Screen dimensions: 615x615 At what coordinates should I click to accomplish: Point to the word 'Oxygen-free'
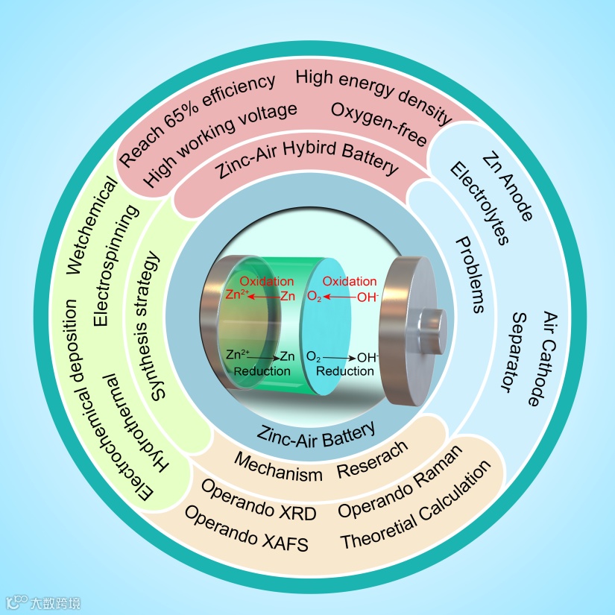click(x=379, y=127)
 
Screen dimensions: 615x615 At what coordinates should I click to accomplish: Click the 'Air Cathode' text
click(x=542, y=358)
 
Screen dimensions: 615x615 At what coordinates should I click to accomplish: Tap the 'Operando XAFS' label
click(x=246, y=529)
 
